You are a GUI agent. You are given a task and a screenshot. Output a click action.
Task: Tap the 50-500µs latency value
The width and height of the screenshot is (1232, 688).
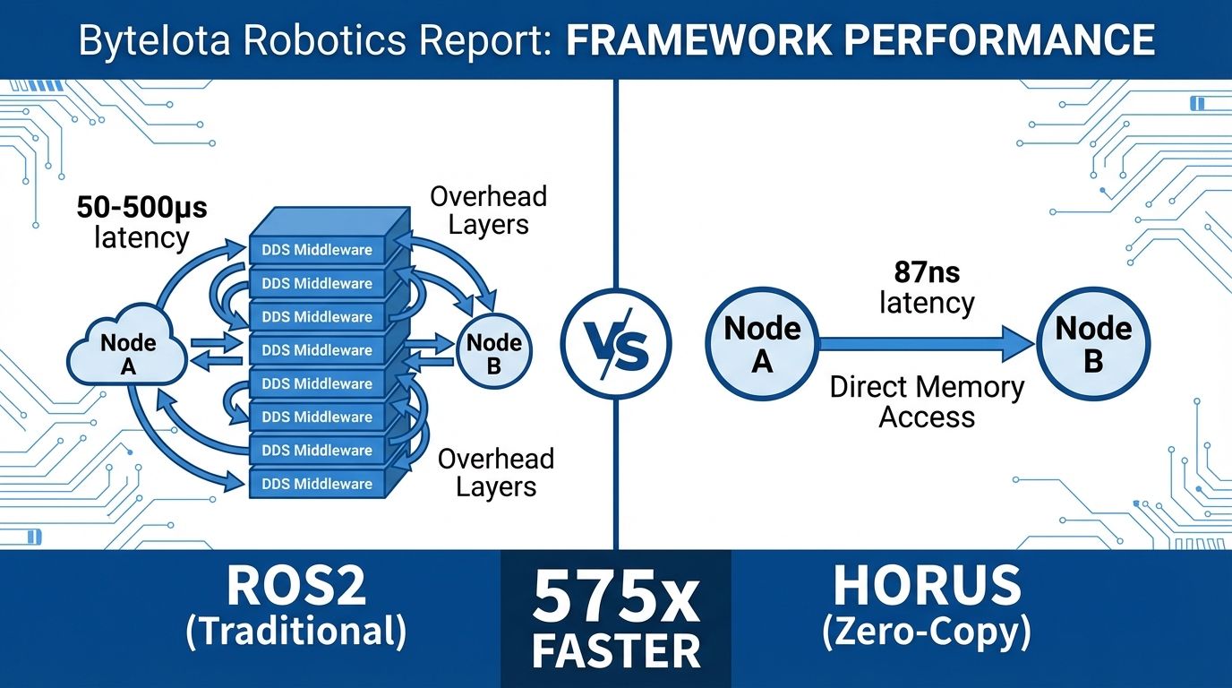tap(141, 209)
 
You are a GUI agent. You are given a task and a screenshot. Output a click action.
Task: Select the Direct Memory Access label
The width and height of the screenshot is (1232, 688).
tap(927, 402)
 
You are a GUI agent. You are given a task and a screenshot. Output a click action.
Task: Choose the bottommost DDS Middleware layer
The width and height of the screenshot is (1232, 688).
tap(317, 484)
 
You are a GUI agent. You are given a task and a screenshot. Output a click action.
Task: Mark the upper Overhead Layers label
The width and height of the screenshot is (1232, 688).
tap(488, 211)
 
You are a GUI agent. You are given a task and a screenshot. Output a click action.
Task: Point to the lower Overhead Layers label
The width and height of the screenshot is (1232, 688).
tap(495, 472)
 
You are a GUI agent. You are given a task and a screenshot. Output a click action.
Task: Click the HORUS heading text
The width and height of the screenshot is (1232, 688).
tap(927, 587)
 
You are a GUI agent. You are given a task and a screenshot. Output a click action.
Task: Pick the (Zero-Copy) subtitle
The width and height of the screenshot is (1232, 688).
tap(927, 632)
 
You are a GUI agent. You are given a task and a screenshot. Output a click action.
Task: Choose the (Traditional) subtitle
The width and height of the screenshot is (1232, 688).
tap(295, 632)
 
